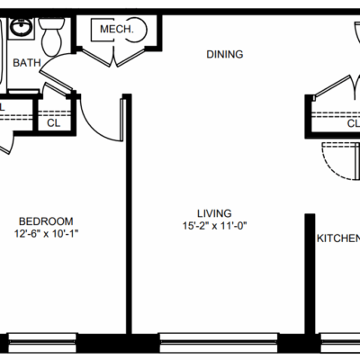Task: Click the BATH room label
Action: (x=27, y=63)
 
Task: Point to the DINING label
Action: (x=225, y=54)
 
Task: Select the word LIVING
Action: (x=214, y=213)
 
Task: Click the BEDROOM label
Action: (x=46, y=221)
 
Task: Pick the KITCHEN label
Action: (x=338, y=238)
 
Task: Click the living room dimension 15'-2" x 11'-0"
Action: (x=214, y=226)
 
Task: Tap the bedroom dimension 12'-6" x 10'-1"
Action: (x=46, y=234)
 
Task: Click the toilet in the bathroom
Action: (x=51, y=37)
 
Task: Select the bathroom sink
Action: (x=21, y=27)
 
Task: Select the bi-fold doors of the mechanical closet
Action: (x=114, y=57)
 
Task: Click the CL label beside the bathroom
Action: (x=54, y=123)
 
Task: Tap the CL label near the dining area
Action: (x=354, y=123)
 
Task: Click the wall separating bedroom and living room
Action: (x=129, y=214)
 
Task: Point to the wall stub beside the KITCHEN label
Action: (x=310, y=274)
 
